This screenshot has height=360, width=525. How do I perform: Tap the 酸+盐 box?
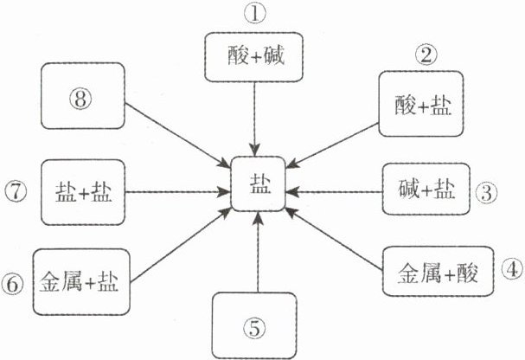point(422,104)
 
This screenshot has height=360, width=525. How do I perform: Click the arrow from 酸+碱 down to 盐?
point(254,117)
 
